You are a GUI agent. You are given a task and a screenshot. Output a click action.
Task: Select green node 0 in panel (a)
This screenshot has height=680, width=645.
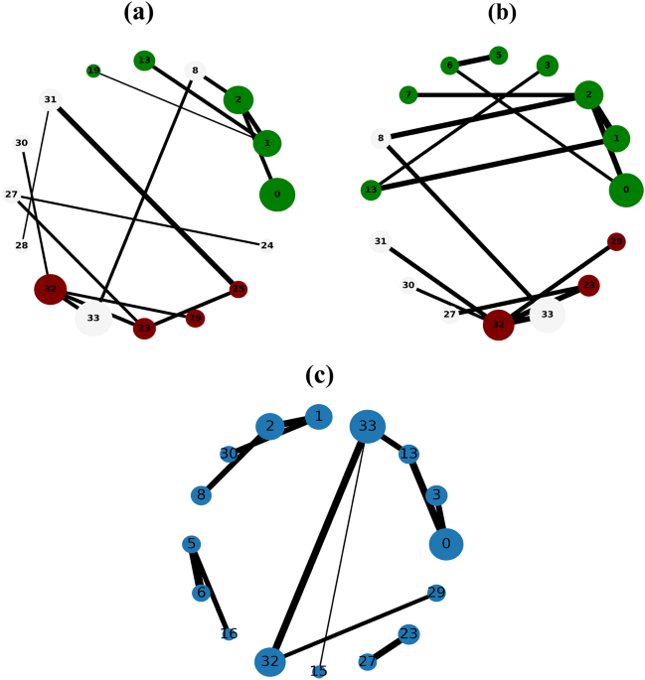point(277,194)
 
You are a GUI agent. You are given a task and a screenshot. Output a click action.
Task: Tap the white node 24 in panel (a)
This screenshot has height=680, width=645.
point(267,245)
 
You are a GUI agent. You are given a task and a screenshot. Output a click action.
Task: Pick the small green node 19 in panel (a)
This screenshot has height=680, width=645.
point(93,70)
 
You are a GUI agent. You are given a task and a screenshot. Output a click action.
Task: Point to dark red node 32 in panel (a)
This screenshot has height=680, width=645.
point(50,290)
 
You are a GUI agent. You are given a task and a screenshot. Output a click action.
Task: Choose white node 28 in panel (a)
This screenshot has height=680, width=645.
point(22,245)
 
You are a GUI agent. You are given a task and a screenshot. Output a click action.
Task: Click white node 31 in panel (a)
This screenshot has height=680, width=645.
point(50,98)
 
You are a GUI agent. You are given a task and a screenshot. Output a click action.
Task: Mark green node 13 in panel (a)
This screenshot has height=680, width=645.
point(144,61)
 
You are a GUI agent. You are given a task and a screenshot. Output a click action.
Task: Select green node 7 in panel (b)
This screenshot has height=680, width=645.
point(406,95)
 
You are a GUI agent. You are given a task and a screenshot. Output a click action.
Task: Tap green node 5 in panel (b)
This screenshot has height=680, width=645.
point(499,55)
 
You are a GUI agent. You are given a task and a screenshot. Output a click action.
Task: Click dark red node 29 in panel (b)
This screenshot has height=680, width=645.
point(616,242)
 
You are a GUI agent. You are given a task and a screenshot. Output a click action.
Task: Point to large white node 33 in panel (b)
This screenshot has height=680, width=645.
point(547,315)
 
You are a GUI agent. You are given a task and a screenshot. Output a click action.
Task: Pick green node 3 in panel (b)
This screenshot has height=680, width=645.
point(546,67)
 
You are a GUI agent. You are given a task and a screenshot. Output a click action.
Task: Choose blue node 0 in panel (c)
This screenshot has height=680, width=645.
point(446,543)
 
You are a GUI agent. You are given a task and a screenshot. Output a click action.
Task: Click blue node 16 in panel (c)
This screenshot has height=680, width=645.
point(229,633)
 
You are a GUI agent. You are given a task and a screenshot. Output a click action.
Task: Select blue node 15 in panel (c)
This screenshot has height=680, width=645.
point(319,672)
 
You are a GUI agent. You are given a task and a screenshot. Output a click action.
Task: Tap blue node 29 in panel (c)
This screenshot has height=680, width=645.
point(435,594)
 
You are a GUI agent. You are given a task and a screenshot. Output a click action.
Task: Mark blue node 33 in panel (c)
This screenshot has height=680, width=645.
point(367,428)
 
